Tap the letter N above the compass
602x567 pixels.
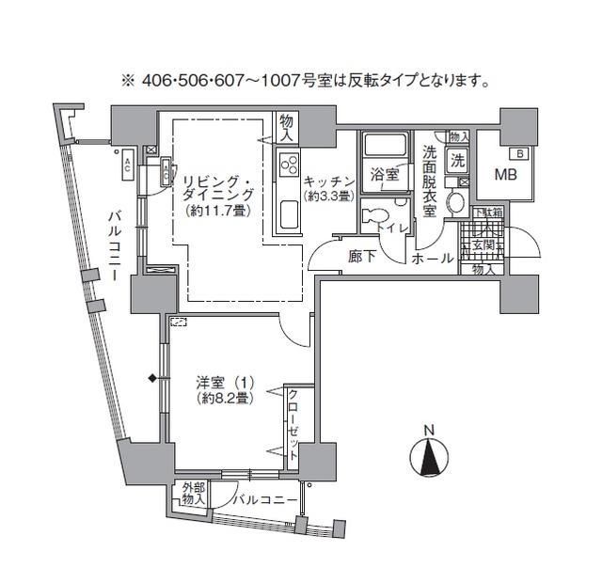[x=429, y=432]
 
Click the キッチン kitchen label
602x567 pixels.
[x=328, y=181]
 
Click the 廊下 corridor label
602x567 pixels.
[x=362, y=256]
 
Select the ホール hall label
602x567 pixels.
[x=434, y=257]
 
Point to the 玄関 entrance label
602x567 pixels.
[x=483, y=247]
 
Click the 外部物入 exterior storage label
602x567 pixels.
[x=192, y=495]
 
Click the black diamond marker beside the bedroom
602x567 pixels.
[x=151, y=379]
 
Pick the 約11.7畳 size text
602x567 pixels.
[x=216, y=211]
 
